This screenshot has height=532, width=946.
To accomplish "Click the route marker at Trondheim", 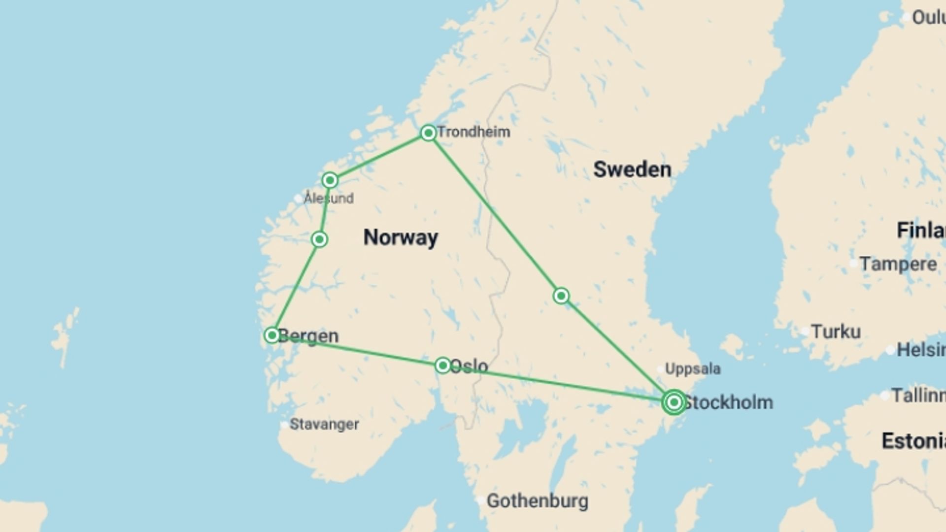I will (428, 133).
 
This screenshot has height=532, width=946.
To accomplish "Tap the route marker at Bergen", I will (272, 335).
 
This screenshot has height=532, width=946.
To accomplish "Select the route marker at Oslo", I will (443, 365).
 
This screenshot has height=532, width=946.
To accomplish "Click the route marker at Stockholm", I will (674, 402).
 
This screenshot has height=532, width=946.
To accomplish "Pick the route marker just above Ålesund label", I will (330, 180).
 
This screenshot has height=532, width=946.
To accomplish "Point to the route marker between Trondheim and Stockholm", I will (561, 296).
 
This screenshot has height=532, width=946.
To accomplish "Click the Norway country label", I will (401, 237).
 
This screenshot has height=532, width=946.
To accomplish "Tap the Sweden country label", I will (632, 169).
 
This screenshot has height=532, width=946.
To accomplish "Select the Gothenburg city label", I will (538, 501).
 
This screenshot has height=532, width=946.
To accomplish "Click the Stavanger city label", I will (324, 424).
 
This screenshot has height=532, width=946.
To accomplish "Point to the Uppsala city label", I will (693, 368).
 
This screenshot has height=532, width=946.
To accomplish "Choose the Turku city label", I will (836, 332).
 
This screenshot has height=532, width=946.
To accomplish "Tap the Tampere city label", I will (898, 264).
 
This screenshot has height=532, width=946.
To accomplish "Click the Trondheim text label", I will (474, 132).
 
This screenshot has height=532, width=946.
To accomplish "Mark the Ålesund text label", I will (329, 199).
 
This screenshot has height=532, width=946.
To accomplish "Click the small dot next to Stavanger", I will (284, 425).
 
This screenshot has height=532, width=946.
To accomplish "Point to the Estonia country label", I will (913, 441).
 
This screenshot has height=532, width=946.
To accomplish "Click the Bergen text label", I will (309, 336).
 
